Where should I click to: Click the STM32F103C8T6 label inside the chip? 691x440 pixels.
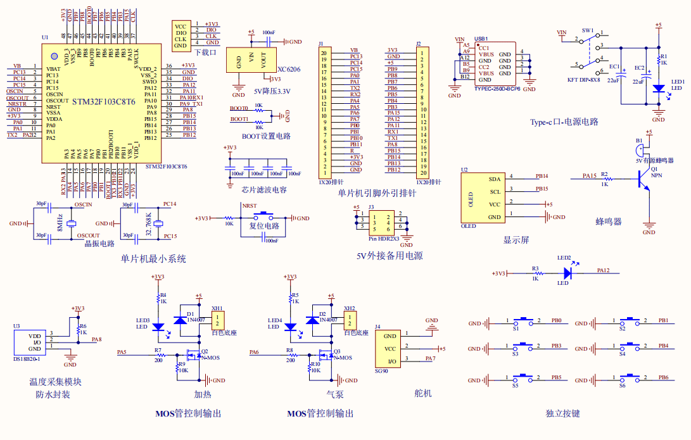103,102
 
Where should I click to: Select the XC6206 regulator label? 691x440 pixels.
289,70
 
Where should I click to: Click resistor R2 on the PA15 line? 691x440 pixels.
606,179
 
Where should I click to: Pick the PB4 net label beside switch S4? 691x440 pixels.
663,346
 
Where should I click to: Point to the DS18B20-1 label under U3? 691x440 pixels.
27,359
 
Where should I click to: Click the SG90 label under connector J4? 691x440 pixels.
381,372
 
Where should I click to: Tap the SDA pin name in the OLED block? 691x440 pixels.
495,179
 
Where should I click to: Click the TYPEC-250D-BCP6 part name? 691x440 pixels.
497,89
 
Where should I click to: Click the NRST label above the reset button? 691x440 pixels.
250,206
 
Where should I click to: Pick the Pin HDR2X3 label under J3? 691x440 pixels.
384,238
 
